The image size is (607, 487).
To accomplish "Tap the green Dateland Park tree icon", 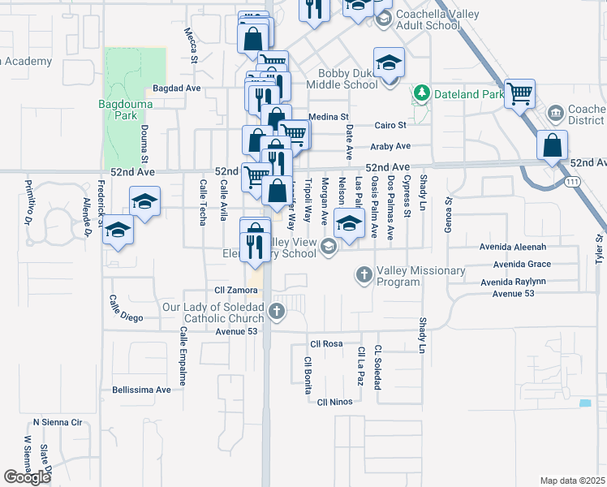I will (x=420, y=94).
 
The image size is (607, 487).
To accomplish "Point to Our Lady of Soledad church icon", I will (x=277, y=312).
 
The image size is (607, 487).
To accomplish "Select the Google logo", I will (x=27, y=477).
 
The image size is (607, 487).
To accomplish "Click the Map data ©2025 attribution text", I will (x=572, y=481).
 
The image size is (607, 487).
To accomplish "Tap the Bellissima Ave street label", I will (x=142, y=390).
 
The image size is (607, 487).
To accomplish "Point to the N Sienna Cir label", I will (x=58, y=423).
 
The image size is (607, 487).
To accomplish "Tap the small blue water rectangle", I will (x=585, y=403).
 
